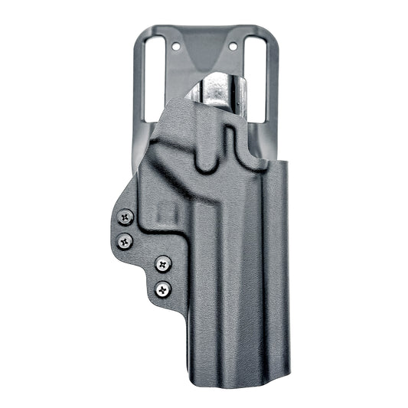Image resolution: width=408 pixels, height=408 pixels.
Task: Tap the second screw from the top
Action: tap(126, 242)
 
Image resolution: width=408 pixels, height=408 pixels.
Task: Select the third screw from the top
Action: tap(163, 264)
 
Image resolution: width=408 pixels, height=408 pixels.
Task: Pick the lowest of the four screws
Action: tap(162, 289)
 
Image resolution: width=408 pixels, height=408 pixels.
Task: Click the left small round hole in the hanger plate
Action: tap(177, 47)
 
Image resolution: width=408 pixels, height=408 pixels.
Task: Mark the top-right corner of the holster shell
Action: tap(284, 163)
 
